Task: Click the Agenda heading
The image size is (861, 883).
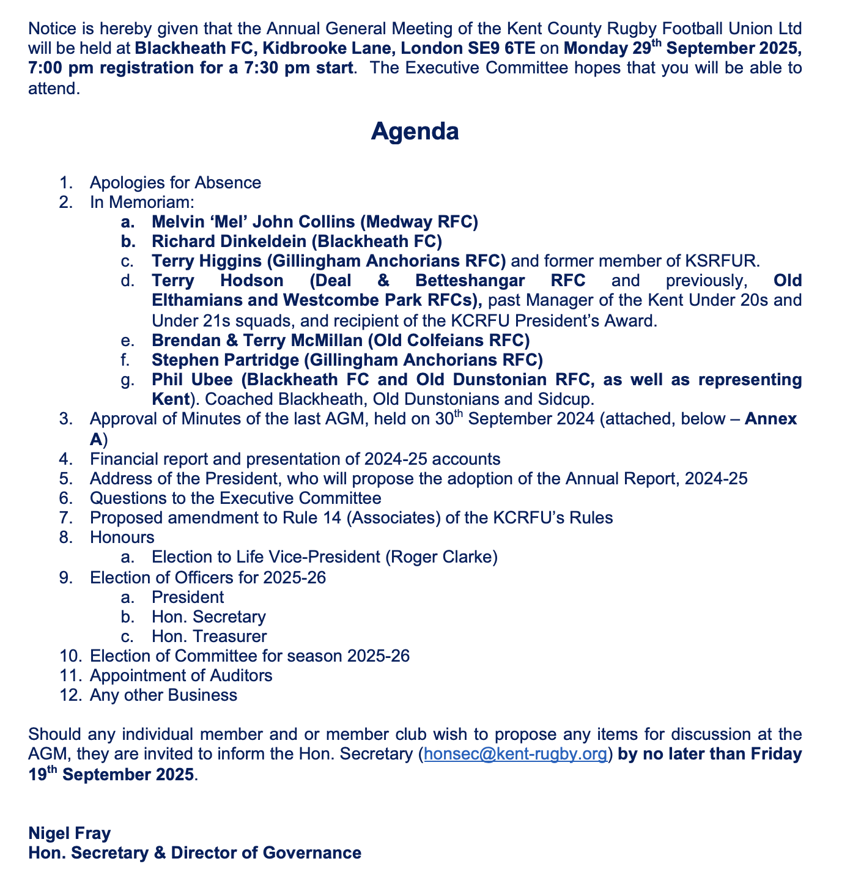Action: [x=415, y=131]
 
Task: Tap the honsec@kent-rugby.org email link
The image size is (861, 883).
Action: [x=515, y=754]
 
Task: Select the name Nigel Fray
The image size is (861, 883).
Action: [x=70, y=833]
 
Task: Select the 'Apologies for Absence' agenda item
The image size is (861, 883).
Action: [x=176, y=182]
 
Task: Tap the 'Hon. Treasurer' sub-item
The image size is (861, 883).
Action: [x=209, y=636]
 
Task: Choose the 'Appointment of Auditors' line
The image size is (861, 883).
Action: [x=181, y=675]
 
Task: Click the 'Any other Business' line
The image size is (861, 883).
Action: [x=163, y=695]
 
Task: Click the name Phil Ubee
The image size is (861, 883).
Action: [x=192, y=380]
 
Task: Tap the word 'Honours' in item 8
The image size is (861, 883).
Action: [x=122, y=538]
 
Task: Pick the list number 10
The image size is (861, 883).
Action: [x=69, y=656]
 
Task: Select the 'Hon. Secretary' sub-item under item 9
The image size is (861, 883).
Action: [x=209, y=616]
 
